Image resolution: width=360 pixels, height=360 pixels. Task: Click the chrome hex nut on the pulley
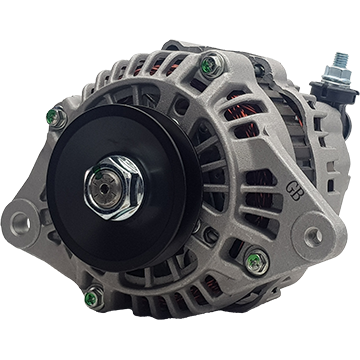pyautogui.click(x=113, y=188)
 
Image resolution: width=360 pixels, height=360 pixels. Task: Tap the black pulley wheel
pyautogui.click(x=124, y=187)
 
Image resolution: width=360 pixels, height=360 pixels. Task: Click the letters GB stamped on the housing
pyautogui.click(x=293, y=192)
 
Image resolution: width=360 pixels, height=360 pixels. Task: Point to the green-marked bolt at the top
pyautogui.click(x=212, y=65)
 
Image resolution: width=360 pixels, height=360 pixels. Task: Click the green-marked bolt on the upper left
pyautogui.click(x=56, y=117)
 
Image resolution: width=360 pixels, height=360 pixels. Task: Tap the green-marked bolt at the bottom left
pyautogui.click(x=94, y=297)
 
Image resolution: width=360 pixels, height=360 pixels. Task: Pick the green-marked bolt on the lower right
pyautogui.click(x=257, y=262)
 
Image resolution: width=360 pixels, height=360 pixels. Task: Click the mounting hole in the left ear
pyautogui.click(x=20, y=222)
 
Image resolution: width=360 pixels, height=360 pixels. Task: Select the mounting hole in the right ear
pyautogui.click(x=314, y=236)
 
